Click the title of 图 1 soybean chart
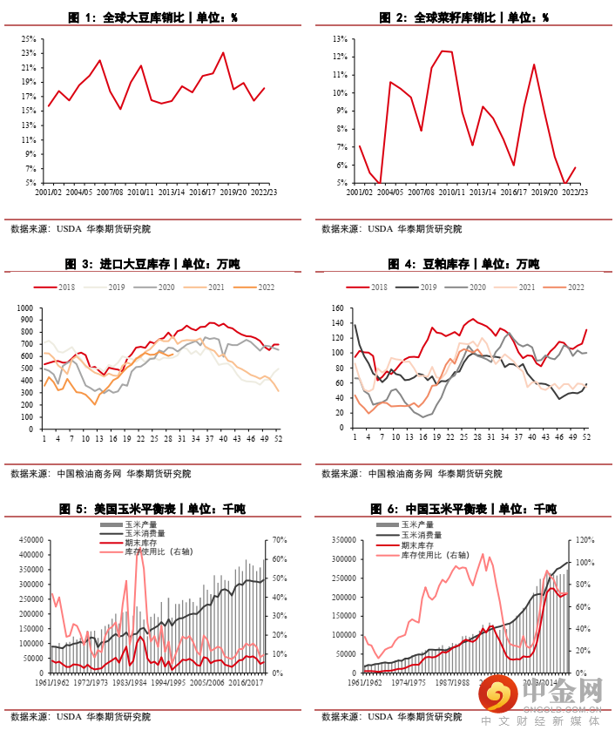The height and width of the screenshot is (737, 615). click(152, 17)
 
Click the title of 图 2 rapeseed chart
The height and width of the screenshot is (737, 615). click(463, 17)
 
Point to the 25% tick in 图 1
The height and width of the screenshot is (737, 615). click(29, 38)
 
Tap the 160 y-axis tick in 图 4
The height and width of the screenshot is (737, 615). click(339, 308)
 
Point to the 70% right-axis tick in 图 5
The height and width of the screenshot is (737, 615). click(282, 539)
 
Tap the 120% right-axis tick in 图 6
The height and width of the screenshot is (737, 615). click(584, 539)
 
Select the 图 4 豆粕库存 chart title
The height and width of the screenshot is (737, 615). click(463, 264)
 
